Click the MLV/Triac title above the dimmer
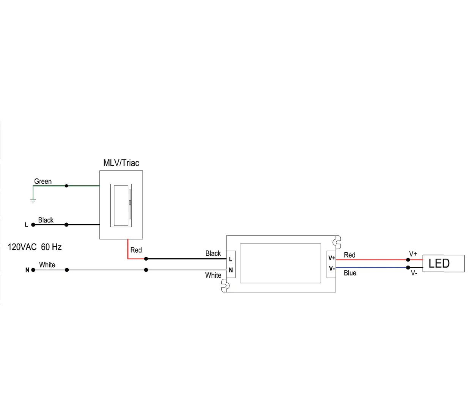point(121,163)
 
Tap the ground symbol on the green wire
point(33,200)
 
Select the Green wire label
point(43,181)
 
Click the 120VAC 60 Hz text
point(35,247)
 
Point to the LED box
point(443,263)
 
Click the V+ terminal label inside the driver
point(332,258)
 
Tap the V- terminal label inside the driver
point(332,268)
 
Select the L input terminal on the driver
point(231,259)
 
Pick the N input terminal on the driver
point(231,270)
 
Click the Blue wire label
point(350,273)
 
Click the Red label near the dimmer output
point(136,250)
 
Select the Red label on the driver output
point(350,255)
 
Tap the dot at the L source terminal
point(33,225)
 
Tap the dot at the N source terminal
point(33,270)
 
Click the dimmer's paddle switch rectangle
point(121,205)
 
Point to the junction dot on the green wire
point(66,186)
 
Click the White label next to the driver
point(213,275)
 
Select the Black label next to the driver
point(213,253)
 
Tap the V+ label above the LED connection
point(413,254)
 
